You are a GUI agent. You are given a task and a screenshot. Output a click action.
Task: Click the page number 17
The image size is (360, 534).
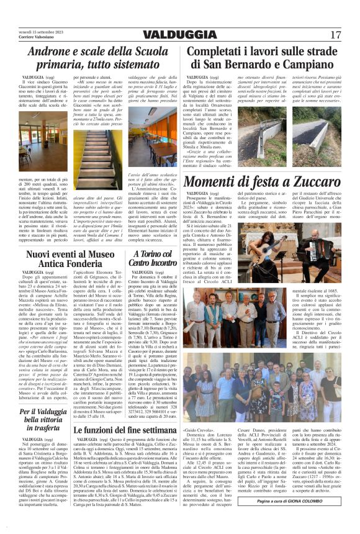(x=336, y=34)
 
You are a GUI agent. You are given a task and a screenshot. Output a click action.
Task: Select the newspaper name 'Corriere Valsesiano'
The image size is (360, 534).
(x=37, y=38)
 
